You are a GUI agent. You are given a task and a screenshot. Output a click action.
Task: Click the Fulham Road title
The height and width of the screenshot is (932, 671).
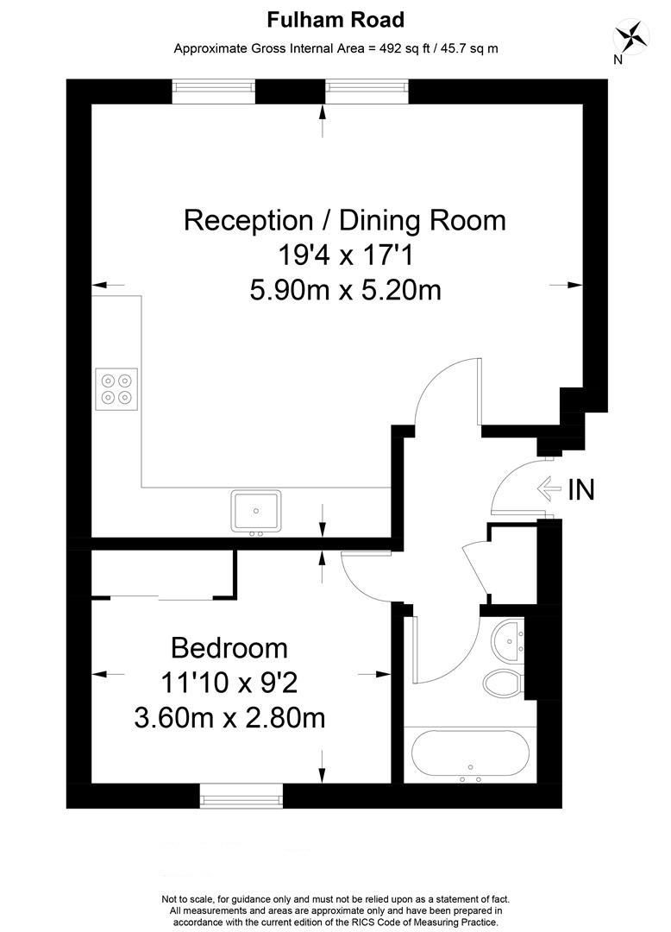coord(335,20)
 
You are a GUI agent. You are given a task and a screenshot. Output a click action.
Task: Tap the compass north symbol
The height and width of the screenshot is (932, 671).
coord(630,37)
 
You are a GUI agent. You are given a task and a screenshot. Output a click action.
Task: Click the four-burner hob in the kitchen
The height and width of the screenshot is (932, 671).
coord(116,388)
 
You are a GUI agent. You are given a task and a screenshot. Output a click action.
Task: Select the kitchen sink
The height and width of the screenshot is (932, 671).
coord(256,512)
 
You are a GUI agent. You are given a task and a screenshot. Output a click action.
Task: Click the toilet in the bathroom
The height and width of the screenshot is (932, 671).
coord(502,683)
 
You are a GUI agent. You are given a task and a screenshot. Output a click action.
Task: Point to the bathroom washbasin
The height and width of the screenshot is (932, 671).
coord(508,642)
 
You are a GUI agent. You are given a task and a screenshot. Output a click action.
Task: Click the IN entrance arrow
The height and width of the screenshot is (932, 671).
coord(549,488)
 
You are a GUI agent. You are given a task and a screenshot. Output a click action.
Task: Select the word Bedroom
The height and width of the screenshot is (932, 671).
coord(229,648)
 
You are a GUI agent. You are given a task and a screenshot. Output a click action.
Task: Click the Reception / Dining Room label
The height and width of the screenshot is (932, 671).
coord(344,221)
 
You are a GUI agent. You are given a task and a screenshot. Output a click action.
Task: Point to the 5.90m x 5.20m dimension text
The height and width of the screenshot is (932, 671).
coord(345,292)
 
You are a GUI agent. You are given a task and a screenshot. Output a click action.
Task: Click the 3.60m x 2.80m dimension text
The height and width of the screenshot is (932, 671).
coord(229,719)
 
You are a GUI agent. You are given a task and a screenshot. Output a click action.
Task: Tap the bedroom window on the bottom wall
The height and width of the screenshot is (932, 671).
coord(241,796)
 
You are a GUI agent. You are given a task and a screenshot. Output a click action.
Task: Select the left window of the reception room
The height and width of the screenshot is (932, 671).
coord(214,91)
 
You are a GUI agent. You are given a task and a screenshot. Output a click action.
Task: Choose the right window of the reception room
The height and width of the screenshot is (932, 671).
coord(367,91)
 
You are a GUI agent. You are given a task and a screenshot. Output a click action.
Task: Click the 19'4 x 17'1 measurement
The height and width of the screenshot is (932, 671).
coord(345,256)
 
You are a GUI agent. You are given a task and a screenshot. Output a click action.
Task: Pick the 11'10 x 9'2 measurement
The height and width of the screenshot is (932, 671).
coord(229,683)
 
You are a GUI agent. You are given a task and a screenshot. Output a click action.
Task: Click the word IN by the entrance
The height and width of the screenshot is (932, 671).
coord(580,489)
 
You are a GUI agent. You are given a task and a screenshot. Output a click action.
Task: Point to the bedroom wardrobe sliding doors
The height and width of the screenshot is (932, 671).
coord(161,597)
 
